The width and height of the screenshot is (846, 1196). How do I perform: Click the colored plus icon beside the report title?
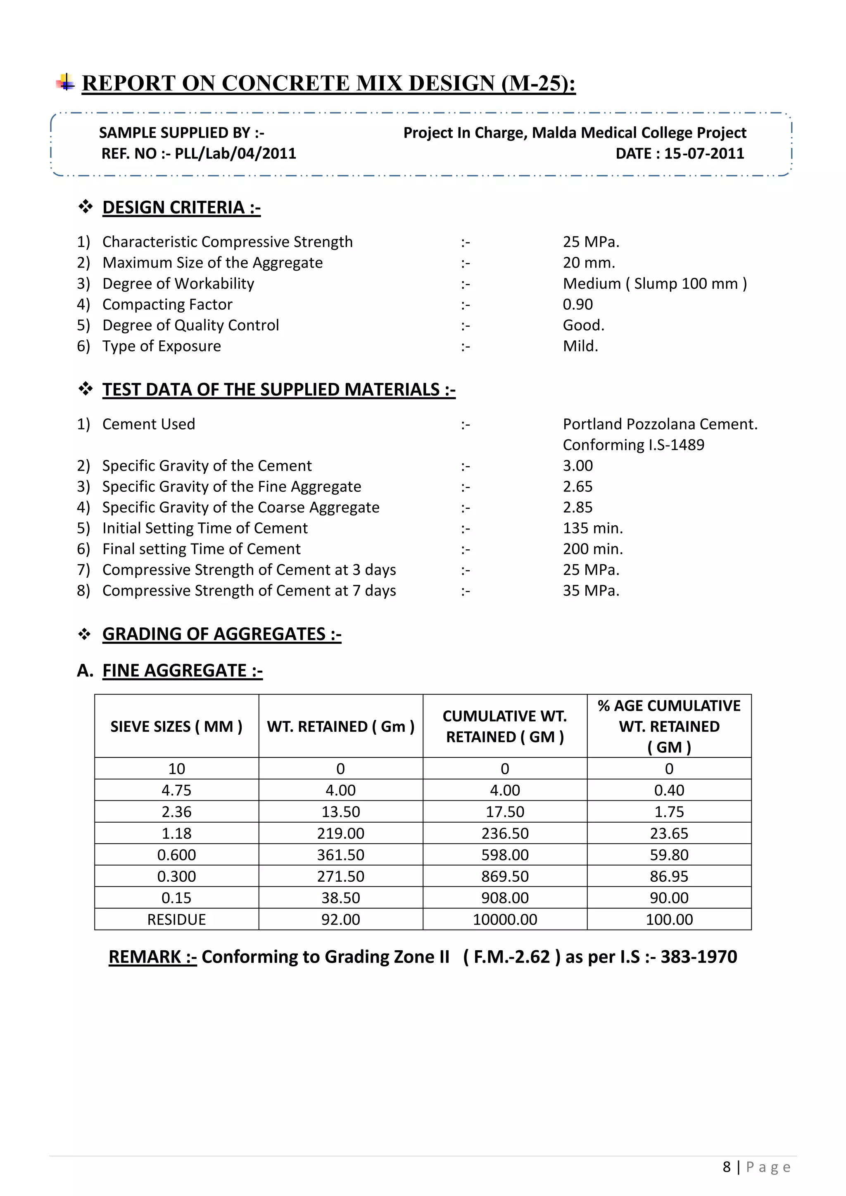point(65,82)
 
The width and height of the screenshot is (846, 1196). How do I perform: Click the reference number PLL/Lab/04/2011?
point(235,154)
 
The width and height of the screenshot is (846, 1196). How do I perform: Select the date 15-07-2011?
point(704,154)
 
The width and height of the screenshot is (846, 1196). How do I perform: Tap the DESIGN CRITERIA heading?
point(181,207)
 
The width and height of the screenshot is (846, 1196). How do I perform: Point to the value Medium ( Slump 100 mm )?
point(654,284)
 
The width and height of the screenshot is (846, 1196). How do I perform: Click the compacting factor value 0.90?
point(578,305)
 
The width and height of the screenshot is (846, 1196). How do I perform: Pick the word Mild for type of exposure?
point(580,346)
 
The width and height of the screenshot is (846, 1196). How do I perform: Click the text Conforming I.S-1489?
point(633,445)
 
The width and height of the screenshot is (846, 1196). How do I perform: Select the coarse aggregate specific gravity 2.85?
point(578,508)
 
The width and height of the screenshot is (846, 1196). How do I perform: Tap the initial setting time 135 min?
point(592,528)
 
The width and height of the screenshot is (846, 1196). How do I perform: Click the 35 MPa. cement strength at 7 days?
point(591,591)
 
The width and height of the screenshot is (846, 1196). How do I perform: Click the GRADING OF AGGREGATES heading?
point(221,634)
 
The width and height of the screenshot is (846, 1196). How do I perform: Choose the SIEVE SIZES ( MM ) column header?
point(177,726)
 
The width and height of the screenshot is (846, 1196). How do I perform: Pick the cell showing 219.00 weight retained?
point(341,833)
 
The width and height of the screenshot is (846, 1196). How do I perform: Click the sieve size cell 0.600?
point(177,855)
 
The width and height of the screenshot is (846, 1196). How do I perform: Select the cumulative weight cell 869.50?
point(505,877)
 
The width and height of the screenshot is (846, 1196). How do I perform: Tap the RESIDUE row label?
point(177,919)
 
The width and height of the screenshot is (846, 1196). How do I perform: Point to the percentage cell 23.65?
point(669,833)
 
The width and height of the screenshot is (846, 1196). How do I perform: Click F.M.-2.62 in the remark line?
point(511,957)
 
